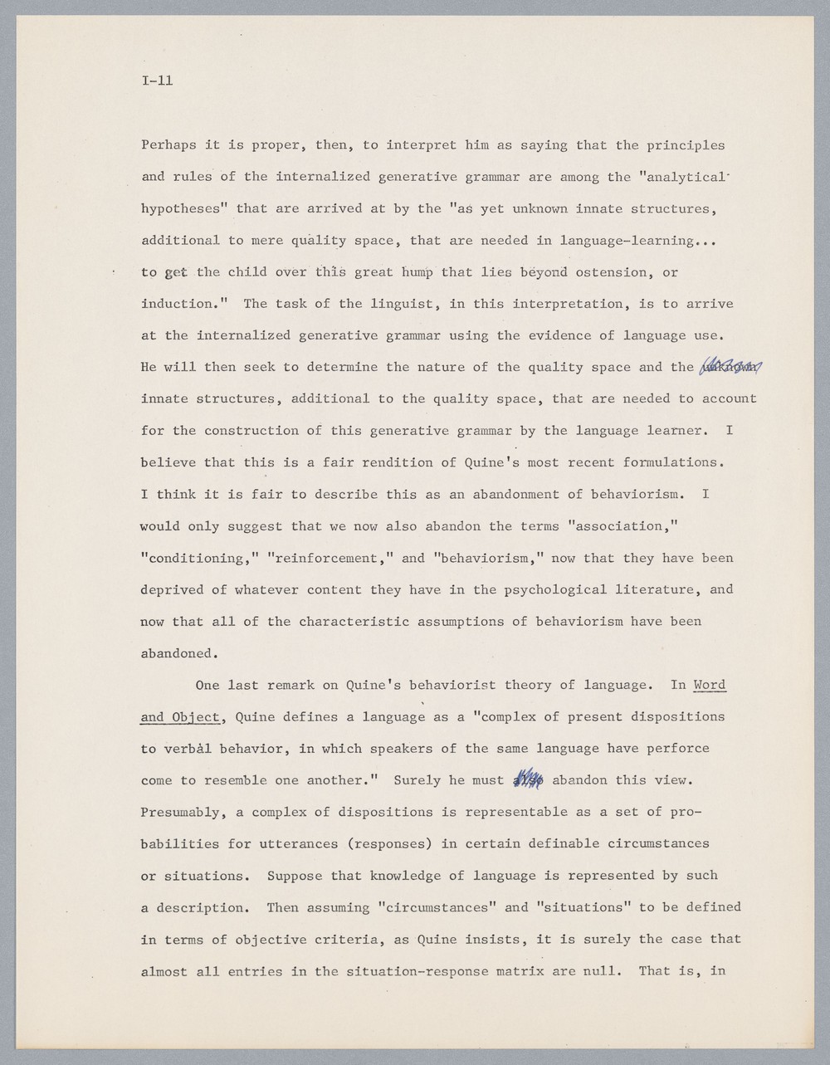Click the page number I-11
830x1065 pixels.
(x=157, y=81)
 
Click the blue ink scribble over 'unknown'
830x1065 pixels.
(x=731, y=367)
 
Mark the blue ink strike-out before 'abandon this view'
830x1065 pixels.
(x=529, y=780)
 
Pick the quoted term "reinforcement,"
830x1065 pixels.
(x=330, y=558)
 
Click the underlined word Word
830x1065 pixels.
(x=710, y=685)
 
